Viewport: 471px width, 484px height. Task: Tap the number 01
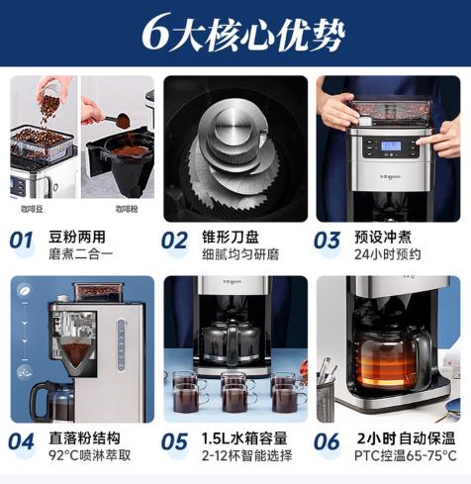point(22,240)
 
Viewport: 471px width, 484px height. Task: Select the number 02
point(174,240)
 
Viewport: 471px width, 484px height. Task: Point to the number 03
point(327,240)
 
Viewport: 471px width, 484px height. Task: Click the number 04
point(22,441)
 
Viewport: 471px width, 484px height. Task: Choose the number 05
point(174,441)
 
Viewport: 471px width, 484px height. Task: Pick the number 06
point(327,441)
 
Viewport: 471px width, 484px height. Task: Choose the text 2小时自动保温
point(406,437)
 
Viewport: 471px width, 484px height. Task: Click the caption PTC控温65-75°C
point(406,455)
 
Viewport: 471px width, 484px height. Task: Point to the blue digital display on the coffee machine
point(390,145)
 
